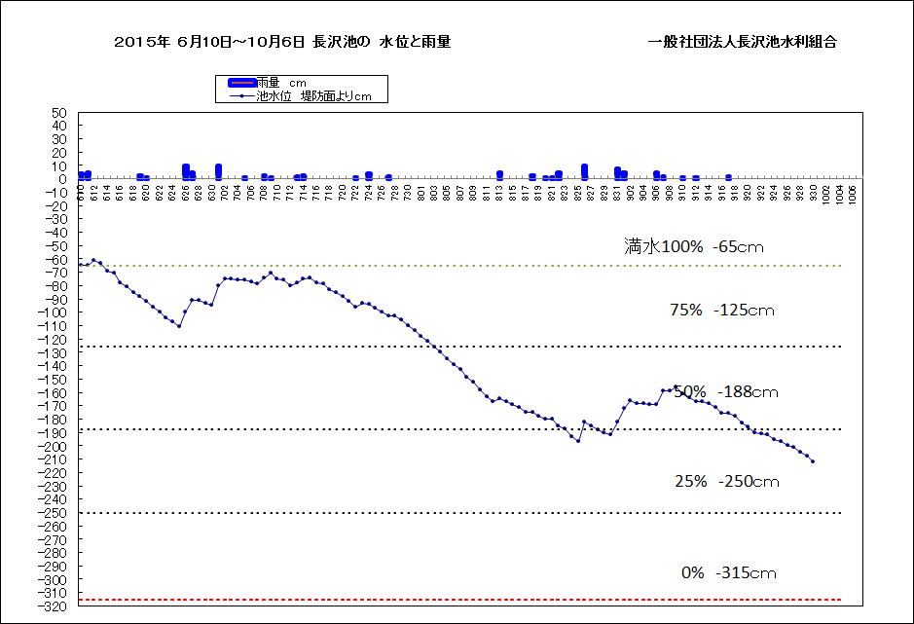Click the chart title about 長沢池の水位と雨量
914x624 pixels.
tap(282, 42)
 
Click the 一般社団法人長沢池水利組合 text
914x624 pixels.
tap(743, 42)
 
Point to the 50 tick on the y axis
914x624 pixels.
tap(58, 113)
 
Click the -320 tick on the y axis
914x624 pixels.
tap(53, 606)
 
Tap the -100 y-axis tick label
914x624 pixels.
tap(53, 312)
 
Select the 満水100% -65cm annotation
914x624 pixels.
tap(694, 246)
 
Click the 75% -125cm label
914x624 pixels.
tap(722, 311)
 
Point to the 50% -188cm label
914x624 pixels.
tap(725, 391)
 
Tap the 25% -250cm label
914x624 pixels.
tap(727, 481)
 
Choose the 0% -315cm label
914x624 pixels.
tap(729, 572)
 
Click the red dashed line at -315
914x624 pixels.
tap(457, 600)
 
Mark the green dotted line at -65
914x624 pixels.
tap(457, 266)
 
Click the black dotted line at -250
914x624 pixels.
tap(457, 513)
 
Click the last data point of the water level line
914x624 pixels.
tap(813, 461)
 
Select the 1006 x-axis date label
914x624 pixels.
tap(853, 193)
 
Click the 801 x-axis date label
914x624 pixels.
tap(421, 193)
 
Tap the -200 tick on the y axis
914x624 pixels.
tap(53, 446)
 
